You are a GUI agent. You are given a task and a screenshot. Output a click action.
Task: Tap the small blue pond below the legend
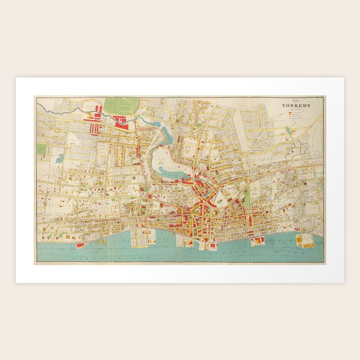pyautogui.click(x=289, y=131)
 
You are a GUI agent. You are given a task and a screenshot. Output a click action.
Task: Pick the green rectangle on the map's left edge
pyautogui.click(x=42, y=149)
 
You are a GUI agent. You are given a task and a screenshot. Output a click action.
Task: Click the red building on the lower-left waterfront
pyautogui.click(x=81, y=245)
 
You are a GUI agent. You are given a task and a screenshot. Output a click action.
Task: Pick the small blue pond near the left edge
pyautogui.click(x=60, y=159)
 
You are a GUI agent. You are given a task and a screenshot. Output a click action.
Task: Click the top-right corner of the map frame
pyautogui.click(x=324, y=96)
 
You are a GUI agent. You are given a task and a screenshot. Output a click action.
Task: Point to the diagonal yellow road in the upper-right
pyautogui.click(x=309, y=126)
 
